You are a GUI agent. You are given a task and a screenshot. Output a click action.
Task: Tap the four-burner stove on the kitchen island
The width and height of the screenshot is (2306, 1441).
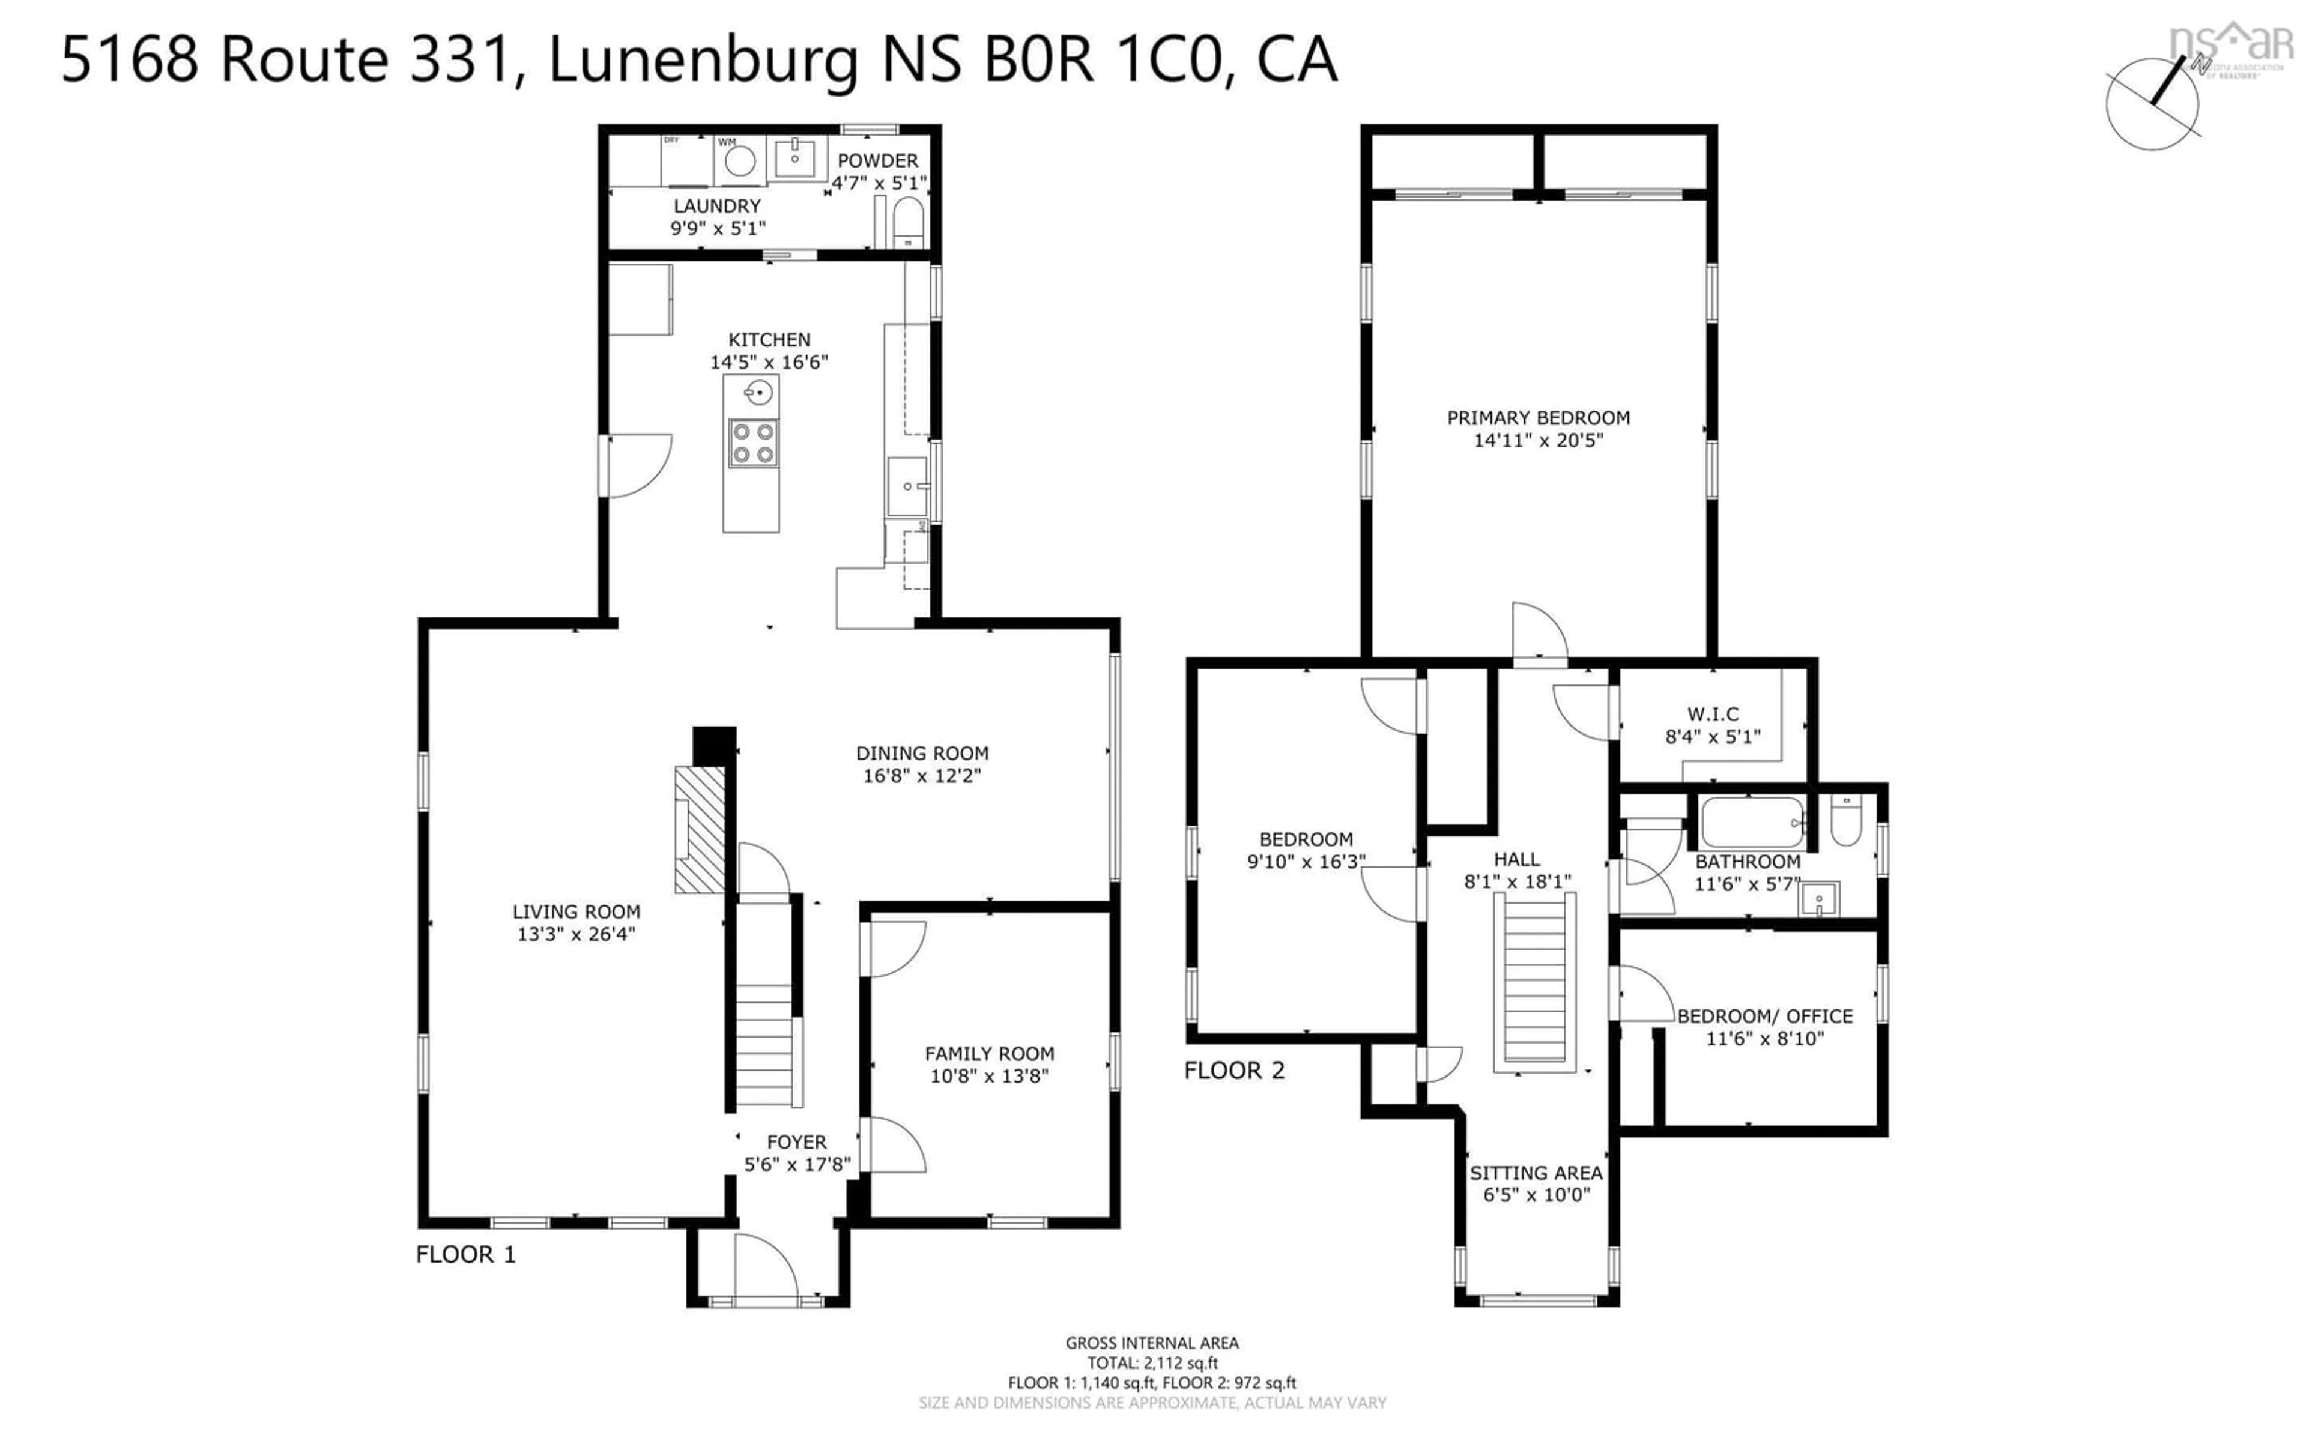[753, 443]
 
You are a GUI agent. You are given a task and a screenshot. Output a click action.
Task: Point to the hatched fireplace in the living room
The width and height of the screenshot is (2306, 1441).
[700, 829]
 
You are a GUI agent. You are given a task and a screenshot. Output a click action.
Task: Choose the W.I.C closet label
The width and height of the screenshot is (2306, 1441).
[1712, 714]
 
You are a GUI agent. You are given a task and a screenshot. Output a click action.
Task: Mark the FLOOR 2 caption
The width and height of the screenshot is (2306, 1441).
[1234, 1071]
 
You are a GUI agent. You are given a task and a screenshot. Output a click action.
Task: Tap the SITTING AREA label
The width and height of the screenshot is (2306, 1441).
[1536, 1173]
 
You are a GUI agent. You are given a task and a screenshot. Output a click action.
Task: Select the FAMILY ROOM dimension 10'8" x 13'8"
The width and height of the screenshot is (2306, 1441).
[989, 1076]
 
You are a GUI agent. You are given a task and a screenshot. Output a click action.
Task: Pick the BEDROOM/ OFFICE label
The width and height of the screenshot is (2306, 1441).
[1765, 1016]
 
